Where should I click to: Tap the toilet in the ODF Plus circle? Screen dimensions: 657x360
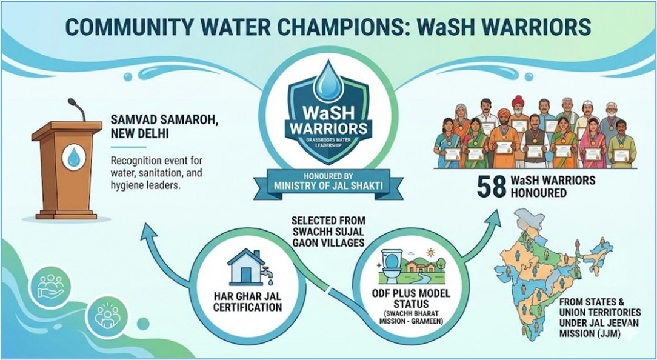(x=392, y=266)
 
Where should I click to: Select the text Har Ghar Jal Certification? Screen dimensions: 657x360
(x=247, y=302)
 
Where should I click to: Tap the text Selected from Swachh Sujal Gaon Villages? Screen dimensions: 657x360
(x=328, y=232)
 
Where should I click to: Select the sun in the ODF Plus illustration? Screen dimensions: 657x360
(x=429, y=253)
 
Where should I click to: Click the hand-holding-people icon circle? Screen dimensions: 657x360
(x=50, y=286)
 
